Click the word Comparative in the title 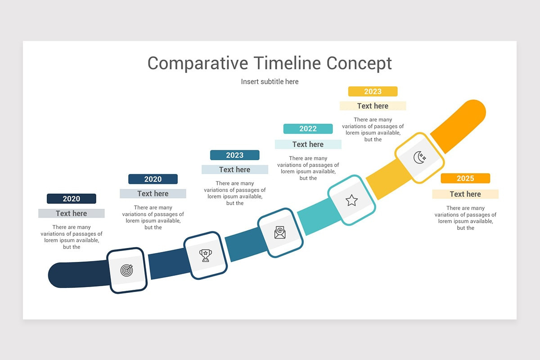(x=197, y=63)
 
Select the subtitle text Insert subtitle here (x=270, y=81)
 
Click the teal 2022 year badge (x=308, y=129)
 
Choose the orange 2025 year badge (x=465, y=179)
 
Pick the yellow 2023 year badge (x=373, y=92)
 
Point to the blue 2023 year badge (x=234, y=155)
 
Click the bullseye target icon (x=127, y=270)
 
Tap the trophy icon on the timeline (x=206, y=255)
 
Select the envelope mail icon (x=280, y=232)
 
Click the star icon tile (x=351, y=200)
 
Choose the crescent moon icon (x=419, y=157)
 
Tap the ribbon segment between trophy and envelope (x=242, y=247)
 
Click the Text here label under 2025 (x=465, y=194)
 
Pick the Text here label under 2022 (x=308, y=144)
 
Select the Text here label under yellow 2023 (x=373, y=106)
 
